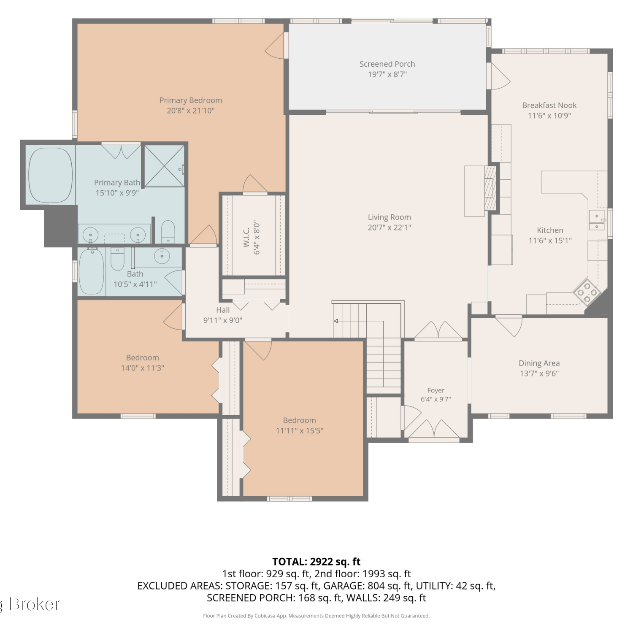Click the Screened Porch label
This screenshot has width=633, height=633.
tap(387, 64)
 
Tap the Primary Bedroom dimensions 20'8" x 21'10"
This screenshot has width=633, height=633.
tap(191, 111)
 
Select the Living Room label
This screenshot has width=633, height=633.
tap(389, 217)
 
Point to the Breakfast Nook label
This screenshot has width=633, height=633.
tap(549, 105)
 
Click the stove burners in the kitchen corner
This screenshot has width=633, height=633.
tap(587, 292)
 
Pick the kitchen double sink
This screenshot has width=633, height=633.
tap(597, 221)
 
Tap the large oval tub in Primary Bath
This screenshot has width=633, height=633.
tap(50, 175)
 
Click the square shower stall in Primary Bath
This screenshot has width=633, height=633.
tap(165, 166)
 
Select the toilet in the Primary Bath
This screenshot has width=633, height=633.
tap(168, 232)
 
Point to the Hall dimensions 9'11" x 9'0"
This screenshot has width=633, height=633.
tap(223, 320)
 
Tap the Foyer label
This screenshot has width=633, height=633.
tap(436, 391)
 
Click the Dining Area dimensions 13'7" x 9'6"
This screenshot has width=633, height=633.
tap(539, 373)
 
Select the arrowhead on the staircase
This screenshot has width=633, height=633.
tap(336, 321)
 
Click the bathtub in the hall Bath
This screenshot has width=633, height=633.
tap(92, 271)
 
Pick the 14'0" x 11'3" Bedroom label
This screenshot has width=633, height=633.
tap(143, 358)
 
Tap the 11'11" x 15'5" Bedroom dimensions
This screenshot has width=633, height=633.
tap(299, 431)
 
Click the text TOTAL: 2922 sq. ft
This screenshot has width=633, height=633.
tap(316, 562)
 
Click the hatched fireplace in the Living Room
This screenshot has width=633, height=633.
tap(490, 188)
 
